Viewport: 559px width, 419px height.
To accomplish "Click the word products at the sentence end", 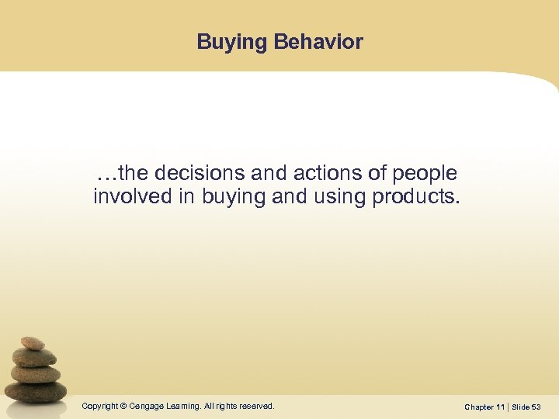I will pyautogui.click(x=416, y=196).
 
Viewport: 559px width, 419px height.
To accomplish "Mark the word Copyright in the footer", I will pyautogui.click(x=99, y=406).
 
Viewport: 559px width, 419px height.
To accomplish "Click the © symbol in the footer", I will pyautogui.click(x=123, y=406).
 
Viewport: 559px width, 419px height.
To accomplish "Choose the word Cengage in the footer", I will pyautogui.click(x=146, y=406).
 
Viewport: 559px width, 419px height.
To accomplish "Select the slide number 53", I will pyautogui.click(x=536, y=407).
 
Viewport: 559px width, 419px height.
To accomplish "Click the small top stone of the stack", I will pyautogui.click(x=32, y=343).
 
